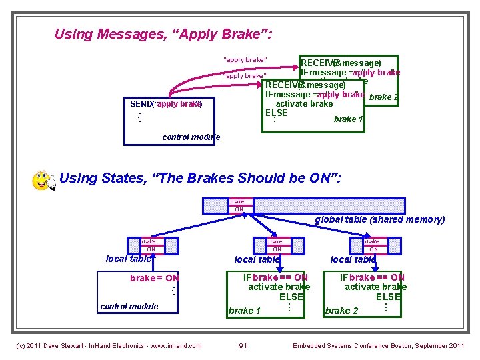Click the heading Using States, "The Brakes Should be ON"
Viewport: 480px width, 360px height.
pyautogui.click(x=200, y=178)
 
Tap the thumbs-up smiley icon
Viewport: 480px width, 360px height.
pyautogui.click(x=44, y=181)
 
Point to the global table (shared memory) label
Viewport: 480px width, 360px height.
pyautogui.click(x=379, y=219)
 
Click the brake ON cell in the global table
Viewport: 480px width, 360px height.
pyautogui.click(x=237, y=205)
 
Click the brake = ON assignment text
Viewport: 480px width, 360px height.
pyautogui.click(x=154, y=278)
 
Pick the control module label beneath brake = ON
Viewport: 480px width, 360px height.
pyautogui.click(x=129, y=307)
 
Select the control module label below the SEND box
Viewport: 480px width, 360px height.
pyautogui.click(x=191, y=137)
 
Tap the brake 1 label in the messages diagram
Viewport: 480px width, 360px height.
pyautogui.click(x=348, y=119)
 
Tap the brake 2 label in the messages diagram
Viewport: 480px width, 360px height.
pyautogui.click(x=383, y=97)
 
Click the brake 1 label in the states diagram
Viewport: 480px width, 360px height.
pyautogui.click(x=244, y=311)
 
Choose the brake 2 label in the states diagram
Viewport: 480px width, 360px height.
pyautogui.click(x=341, y=311)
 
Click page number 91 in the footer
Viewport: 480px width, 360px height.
pyautogui.click(x=243, y=345)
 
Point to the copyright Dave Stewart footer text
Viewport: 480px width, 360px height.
pyautogui.click(x=109, y=345)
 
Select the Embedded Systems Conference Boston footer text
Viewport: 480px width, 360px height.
pyautogui.click(x=378, y=345)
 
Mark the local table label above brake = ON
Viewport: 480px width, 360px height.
pyautogui.click(x=129, y=259)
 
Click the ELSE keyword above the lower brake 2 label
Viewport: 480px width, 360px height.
pyautogui.click(x=388, y=297)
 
